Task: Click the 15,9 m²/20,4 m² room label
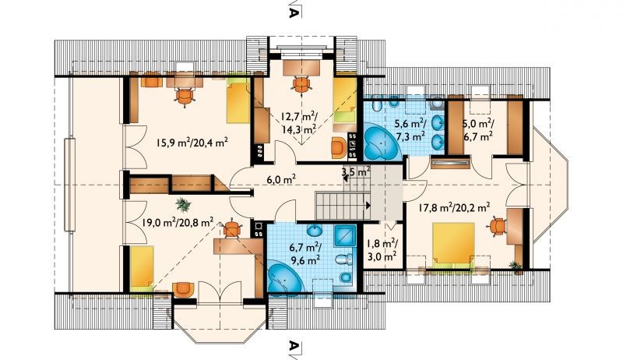pos(192,143)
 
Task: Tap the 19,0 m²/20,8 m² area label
pos(178,221)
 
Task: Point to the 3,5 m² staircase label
pos(356,172)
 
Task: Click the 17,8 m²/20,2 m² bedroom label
pos(454,207)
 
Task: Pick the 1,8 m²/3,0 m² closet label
pos(382,249)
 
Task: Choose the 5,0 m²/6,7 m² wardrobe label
pos(477,130)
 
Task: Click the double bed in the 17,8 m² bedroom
pos(453,245)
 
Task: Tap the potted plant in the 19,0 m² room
pos(183,204)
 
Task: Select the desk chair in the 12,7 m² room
pos(301,85)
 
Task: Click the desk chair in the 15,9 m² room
pos(185,96)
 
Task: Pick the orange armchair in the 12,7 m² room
pos(339,148)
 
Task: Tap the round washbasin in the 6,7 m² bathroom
pos(315,231)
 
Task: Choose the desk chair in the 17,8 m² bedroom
pos(497,227)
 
